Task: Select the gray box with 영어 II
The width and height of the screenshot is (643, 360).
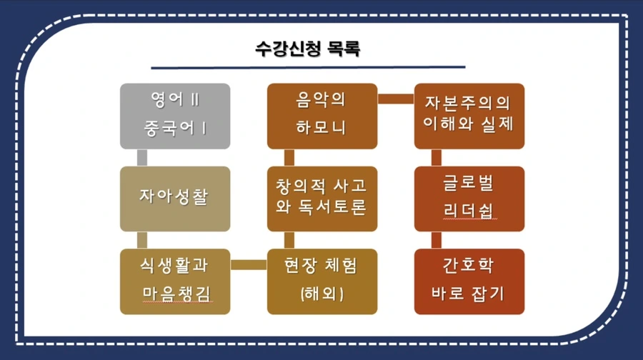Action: point(175,100)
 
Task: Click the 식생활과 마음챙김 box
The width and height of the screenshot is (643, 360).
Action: point(175,281)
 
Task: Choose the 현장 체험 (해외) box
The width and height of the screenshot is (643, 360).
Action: point(321,281)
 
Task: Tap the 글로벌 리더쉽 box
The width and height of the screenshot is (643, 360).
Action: point(469,199)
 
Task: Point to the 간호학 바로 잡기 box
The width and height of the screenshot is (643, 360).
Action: point(469,281)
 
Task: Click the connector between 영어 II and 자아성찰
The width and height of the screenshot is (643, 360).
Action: point(142,157)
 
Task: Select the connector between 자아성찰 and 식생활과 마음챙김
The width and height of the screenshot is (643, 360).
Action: point(142,239)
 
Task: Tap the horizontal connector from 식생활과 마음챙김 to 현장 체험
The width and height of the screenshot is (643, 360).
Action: point(249,265)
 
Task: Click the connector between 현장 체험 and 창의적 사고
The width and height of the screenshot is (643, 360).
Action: point(289,239)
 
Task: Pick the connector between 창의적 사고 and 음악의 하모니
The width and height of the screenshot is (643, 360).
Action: point(289,157)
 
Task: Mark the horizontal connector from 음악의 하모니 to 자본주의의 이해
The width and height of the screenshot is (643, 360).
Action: point(395,99)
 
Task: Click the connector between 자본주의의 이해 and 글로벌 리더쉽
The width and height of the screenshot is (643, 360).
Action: point(436,157)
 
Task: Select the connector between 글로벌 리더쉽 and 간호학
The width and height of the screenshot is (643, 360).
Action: point(436,239)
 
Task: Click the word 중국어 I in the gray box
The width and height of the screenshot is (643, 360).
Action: point(175,129)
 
